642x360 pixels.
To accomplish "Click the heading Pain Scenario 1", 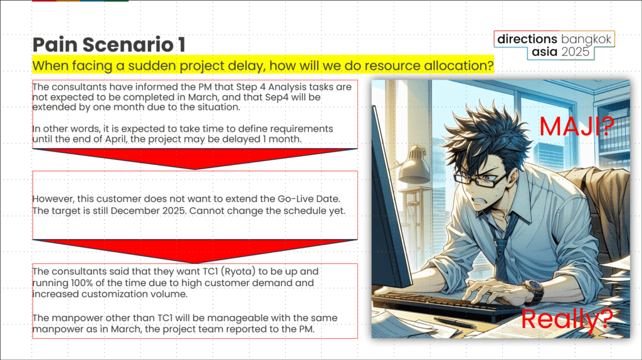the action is [x=109, y=45].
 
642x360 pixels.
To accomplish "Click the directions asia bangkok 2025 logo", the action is [x=554, y=45].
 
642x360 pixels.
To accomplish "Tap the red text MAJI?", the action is [x=577, y=127].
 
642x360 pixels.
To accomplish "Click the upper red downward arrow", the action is [x=195, y=158].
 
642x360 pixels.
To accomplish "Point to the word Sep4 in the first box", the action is [x=276, y=97].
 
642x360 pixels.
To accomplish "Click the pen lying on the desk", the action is [x=455, y=323].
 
